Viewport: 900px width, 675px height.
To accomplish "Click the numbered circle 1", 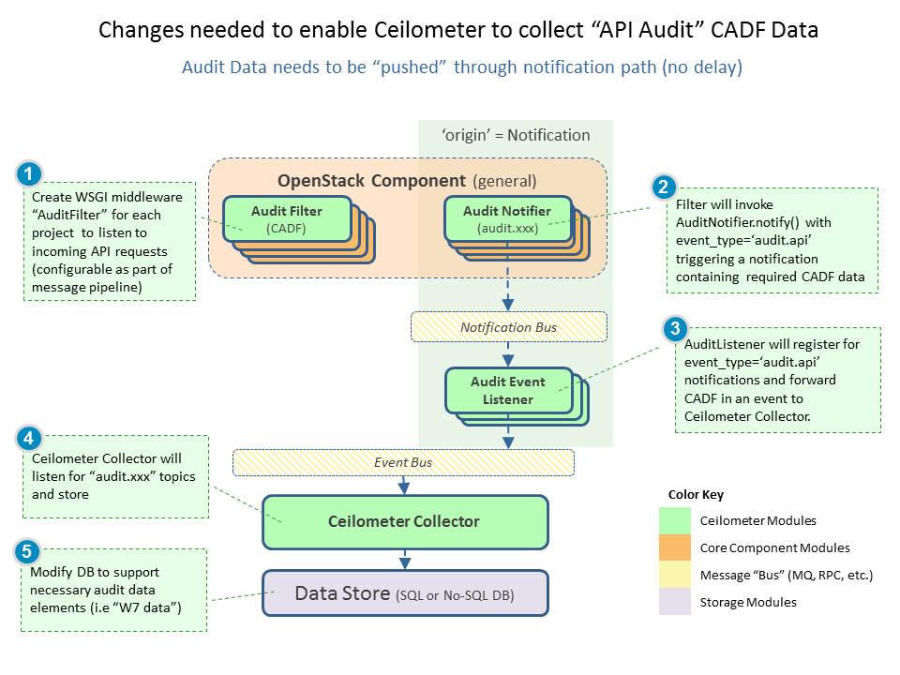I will tap(30, 173).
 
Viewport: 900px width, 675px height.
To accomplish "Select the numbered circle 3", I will tap(674, 329).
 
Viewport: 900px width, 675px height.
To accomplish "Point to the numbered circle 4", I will tap(29, 437).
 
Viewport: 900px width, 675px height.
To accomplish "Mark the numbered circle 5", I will tap(29, 550).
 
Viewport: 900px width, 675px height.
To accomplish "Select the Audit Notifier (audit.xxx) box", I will tap(506, 218).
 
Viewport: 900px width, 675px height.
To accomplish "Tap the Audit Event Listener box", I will tap(507, 390).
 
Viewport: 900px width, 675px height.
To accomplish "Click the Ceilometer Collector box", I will tap(404, 521).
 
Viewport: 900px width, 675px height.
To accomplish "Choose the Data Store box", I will tap(404, 592).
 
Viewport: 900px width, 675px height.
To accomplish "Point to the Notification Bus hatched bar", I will tap(508, 327).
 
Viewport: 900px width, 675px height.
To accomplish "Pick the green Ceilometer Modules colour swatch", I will tap(675, 520).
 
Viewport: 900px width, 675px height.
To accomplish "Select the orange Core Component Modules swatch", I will tap(675, 547).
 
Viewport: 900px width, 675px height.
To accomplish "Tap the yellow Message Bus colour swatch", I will tap(675, 575).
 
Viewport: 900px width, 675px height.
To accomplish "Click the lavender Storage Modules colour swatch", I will tap(675, 602).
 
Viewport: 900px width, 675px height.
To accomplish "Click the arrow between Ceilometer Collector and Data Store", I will tap(404, 559).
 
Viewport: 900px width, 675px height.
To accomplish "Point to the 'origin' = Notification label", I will tap(515, 135).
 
